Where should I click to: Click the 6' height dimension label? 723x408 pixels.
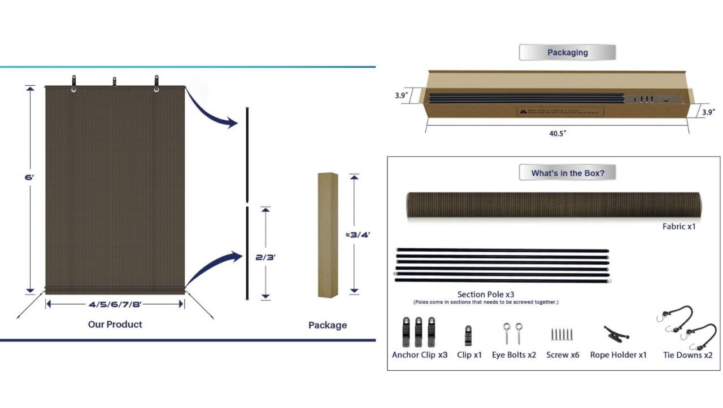[x=29, y=177]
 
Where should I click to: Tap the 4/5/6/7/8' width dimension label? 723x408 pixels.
[x=115, y=304]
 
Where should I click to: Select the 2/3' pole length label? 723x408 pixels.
[x=265, y=257]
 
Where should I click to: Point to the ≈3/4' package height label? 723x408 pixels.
[x=358, y=234]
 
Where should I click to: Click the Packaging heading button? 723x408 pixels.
[x=567, y=52]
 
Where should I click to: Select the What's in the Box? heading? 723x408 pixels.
[x=567, y=173]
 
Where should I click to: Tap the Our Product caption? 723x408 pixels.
[x=115, y=324]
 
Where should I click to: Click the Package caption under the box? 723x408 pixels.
[x=328, y=325]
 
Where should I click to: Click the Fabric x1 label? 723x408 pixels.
[x=678, y=227]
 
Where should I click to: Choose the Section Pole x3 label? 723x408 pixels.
[x=485, y=294]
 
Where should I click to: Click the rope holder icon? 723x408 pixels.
[x=617, y=335]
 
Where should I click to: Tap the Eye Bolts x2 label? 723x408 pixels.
[x=513, y=355]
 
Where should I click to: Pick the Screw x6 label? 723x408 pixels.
[x=563, y=355]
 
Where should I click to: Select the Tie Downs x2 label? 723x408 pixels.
[x=687, y=355]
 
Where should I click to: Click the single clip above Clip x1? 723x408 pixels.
[x=468, y=335]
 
